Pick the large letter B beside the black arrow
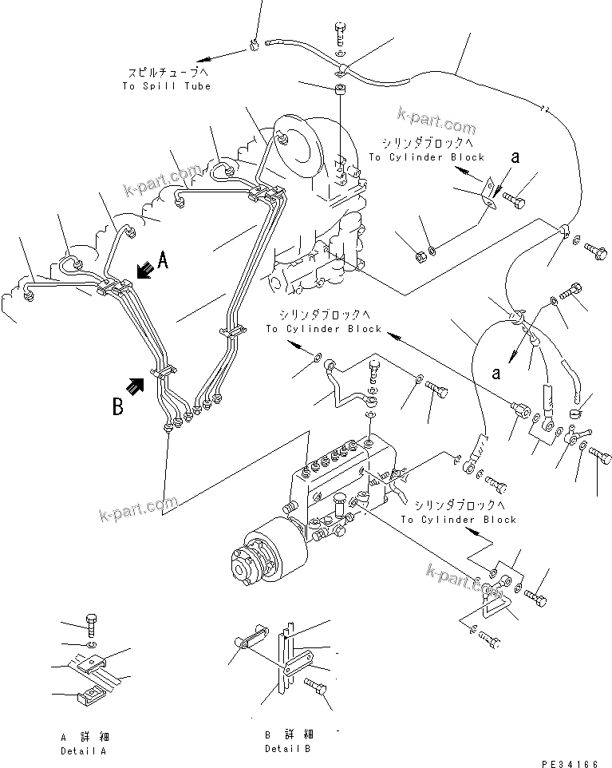pyautogui.click(x=117, y=408)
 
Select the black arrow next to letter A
pyautogui.click(x=144, y=271)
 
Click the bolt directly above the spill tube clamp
pyautogui.click(x=341, y=34)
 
